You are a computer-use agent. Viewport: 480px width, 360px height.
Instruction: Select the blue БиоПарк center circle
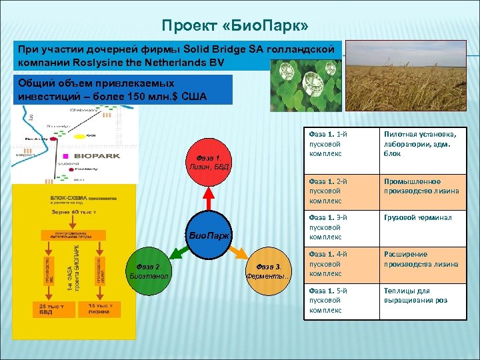[x=209, y=235]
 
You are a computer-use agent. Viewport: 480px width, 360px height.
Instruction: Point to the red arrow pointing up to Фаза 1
[x=209, y=197]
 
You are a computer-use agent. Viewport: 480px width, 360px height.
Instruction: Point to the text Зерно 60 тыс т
[x=74, y=211]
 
